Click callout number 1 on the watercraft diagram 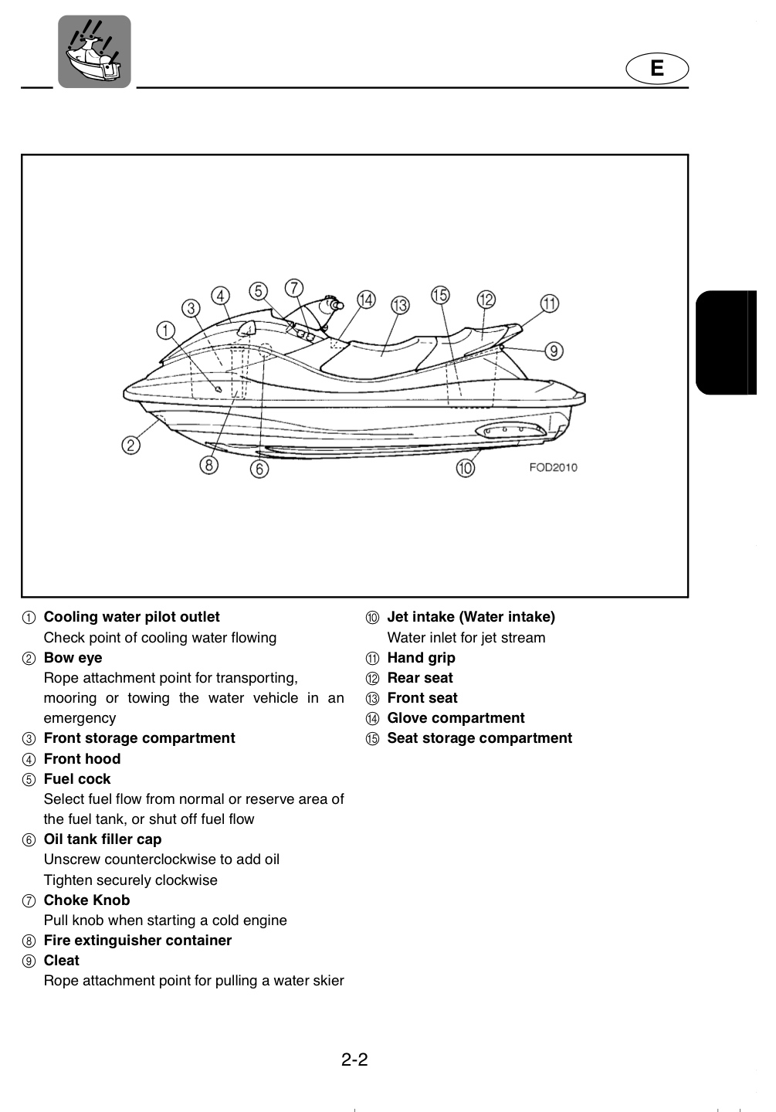166,331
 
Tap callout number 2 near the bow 131,445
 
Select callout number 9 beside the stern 554,351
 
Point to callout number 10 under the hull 465,468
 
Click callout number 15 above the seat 440,295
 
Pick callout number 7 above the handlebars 294,288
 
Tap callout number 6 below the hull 259,469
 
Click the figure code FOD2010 553,468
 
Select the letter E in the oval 657,68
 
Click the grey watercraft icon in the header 94,52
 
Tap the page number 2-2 354,1059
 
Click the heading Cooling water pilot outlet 131,616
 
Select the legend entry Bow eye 73,658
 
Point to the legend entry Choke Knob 87,900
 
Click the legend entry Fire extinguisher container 137,941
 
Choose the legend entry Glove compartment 456,718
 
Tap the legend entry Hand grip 421,658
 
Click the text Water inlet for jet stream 466,637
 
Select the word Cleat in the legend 62,961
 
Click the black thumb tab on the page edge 727,343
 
